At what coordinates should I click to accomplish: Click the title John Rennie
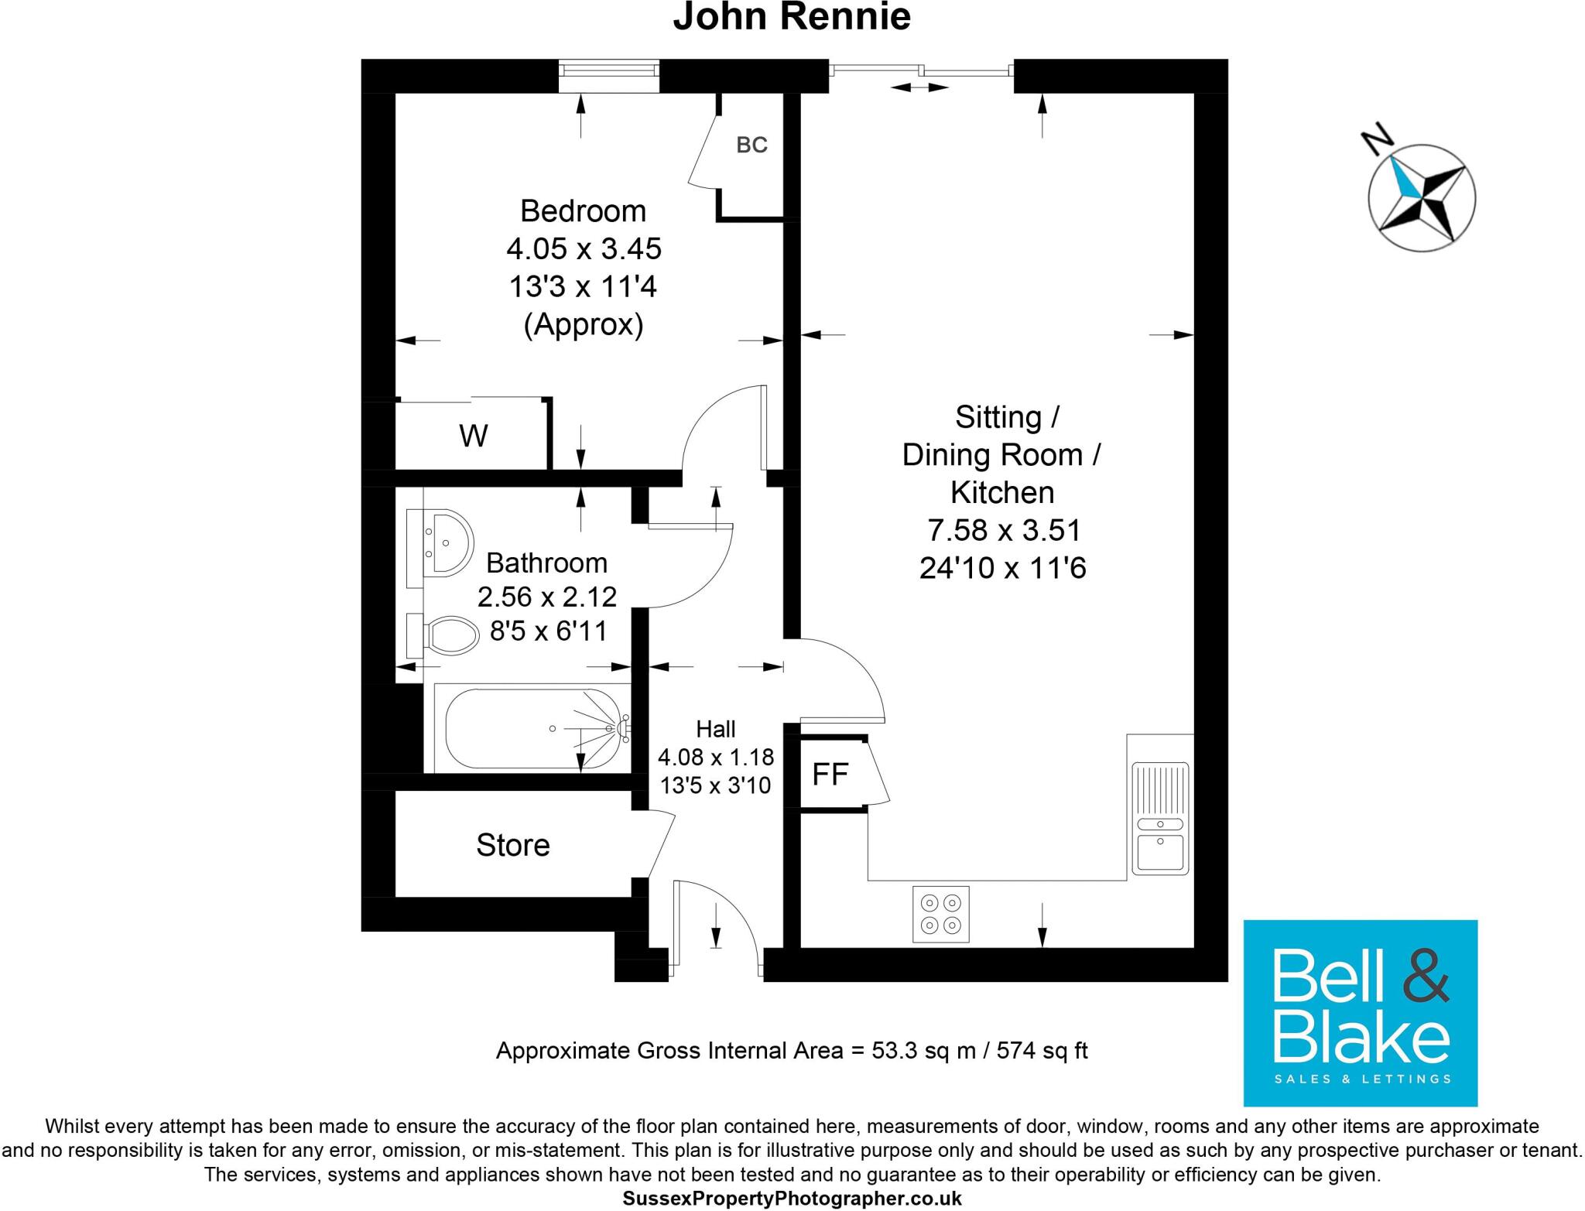791,17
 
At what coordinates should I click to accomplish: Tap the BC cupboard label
751,145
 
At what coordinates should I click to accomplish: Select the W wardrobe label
473,436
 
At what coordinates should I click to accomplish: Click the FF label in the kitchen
830,774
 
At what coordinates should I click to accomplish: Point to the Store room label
512,845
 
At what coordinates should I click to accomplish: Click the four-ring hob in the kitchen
940,914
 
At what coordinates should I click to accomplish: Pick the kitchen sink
1159,819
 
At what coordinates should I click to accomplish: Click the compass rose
1422,197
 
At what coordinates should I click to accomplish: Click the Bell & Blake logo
1360,1012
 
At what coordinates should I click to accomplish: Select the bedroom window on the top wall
610,70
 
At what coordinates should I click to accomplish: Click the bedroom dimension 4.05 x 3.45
584,249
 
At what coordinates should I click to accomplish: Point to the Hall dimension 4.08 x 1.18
715,757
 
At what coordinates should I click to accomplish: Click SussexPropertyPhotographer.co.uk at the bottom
792,1199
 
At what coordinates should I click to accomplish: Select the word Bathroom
546,563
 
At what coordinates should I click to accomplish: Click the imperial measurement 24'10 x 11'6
1002,569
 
